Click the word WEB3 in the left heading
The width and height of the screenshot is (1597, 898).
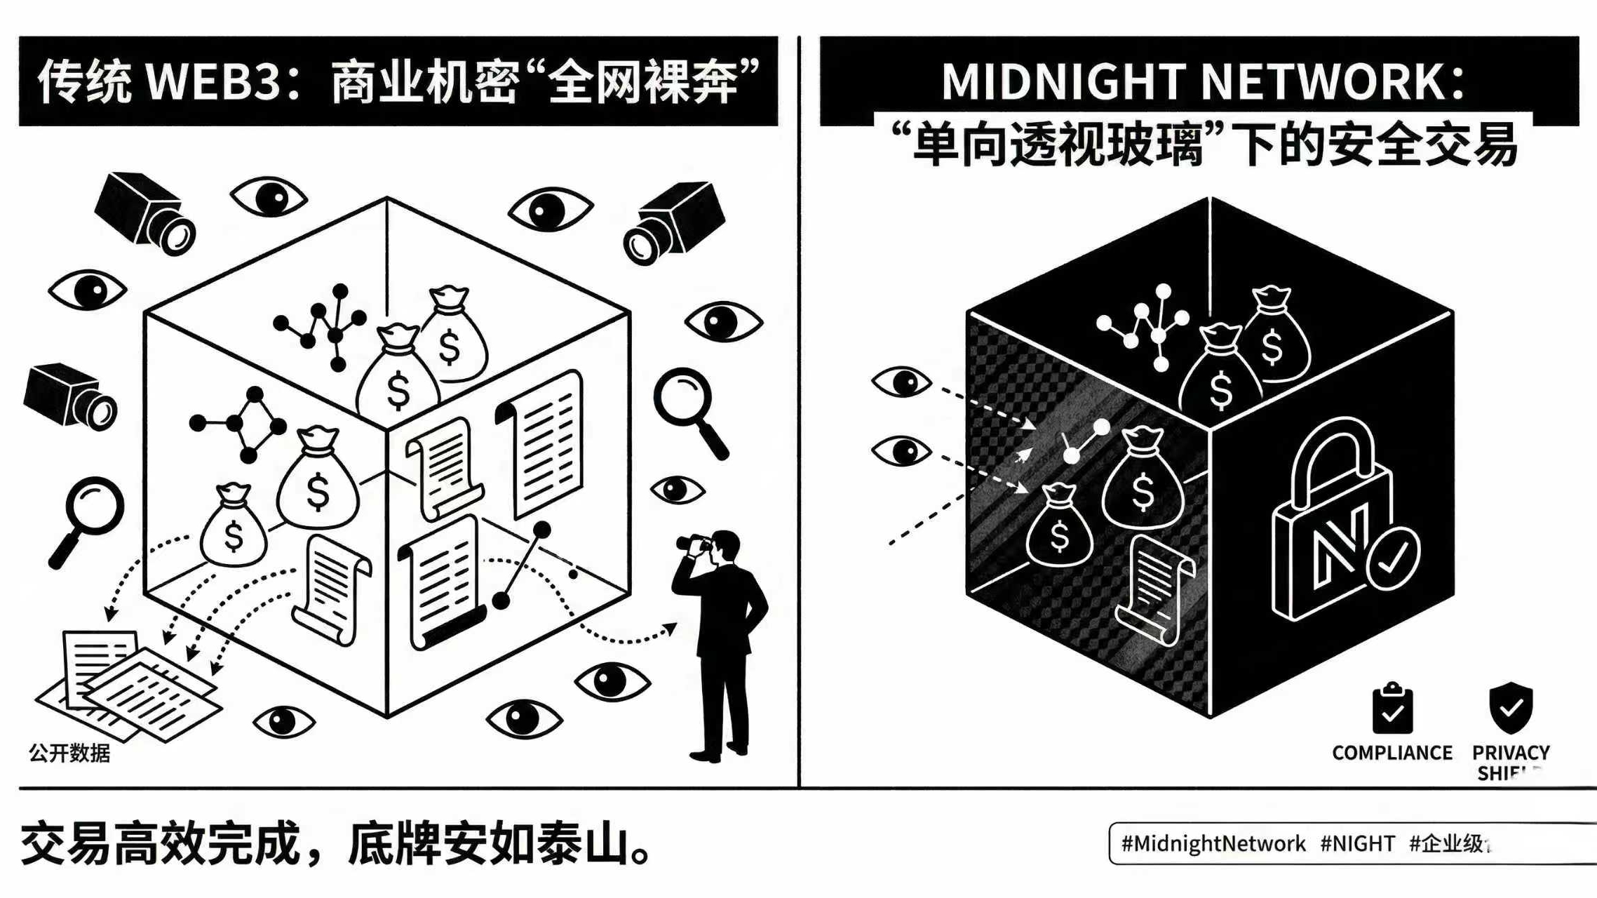coord(214,82)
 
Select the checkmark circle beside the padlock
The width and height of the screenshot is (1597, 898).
coord(1393,558)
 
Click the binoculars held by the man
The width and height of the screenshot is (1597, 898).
coord(694,542)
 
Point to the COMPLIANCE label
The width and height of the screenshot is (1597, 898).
coord(1392,753)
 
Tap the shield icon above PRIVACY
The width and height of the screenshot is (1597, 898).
coord(1511,707)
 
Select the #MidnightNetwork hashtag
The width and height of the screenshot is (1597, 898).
coord(1213,843)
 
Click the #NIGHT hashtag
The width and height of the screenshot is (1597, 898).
coord(1357,843)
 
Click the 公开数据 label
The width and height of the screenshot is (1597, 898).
coord(69,753)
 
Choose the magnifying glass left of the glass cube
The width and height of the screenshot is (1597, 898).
coord(87,519)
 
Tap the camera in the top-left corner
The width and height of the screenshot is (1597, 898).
coord(146,213)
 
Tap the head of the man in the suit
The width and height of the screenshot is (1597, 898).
coord(725,546)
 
